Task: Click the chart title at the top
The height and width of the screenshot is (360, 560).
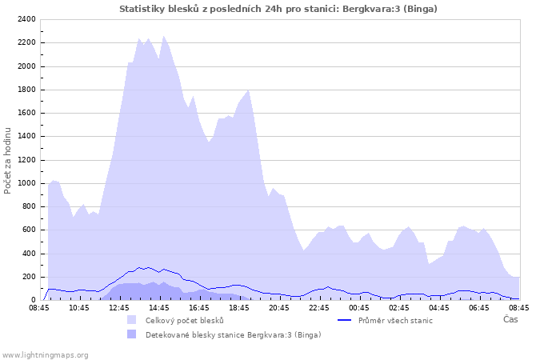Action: tap(278, 9)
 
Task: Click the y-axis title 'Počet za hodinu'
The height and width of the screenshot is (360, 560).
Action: tap(9, 160)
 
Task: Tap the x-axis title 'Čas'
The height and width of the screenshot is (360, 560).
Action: tap(510, 319)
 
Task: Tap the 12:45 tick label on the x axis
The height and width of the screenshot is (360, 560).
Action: tap(119, 307)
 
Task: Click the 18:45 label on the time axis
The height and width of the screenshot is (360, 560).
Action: tap(239, 307)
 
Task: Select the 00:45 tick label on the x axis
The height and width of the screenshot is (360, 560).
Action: tap(359, 307)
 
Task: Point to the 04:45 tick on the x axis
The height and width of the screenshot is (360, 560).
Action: tap(439, 307)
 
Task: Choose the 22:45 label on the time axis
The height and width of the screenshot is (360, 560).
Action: tap(319, 307)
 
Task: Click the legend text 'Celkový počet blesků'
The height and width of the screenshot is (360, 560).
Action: tap(184, 320)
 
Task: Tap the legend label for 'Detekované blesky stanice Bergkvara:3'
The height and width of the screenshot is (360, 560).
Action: tap(233, 334)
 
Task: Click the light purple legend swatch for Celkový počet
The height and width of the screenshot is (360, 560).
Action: tap(131, 320)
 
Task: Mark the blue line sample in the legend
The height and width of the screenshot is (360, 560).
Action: tap(345, 320)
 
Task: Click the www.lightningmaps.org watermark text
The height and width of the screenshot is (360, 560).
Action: tap(45, 354)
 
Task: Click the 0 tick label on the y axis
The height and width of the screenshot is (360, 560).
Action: tap(32, 300)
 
